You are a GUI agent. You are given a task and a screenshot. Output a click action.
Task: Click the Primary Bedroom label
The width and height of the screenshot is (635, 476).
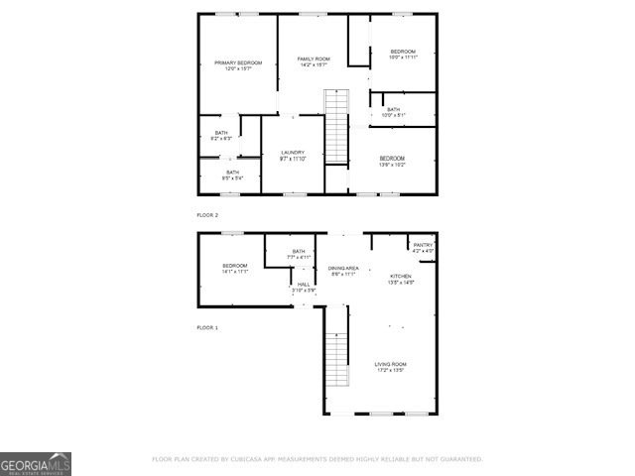click(237, 65)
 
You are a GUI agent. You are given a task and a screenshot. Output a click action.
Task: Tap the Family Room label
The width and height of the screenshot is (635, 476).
click(314, 62)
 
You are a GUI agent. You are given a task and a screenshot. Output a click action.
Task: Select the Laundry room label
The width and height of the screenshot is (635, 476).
click(292, 155)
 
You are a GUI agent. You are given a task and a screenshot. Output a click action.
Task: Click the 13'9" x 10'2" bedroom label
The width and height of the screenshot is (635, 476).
click(392, 161)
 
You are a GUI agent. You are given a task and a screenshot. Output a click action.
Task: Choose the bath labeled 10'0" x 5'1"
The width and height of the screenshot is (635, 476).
click(394, 112)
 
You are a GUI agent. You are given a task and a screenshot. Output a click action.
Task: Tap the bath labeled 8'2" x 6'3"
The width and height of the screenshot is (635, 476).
click(221, 136)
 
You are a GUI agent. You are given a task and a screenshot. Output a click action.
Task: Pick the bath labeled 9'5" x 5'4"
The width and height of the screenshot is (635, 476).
click(232, 175)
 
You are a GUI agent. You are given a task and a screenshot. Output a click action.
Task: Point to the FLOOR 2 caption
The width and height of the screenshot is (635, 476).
click(206, 214)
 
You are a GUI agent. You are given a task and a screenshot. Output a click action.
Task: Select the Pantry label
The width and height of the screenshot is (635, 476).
click(424, 248)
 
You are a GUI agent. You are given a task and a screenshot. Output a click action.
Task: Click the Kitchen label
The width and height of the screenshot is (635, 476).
click(400, 279)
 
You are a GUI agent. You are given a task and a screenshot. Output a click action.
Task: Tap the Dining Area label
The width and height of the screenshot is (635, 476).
click(342, 271)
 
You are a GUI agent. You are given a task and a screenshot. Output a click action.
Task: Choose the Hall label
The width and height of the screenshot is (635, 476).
click(303, 287)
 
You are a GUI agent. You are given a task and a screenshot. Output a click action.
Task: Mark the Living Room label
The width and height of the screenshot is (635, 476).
click(390, 367)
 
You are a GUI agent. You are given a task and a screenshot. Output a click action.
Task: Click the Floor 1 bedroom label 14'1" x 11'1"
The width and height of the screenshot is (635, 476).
click(235, 268)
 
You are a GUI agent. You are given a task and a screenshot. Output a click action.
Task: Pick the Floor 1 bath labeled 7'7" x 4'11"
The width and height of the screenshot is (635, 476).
click(299, 254)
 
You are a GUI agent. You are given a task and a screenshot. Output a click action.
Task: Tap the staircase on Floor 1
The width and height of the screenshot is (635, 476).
click(338, 360)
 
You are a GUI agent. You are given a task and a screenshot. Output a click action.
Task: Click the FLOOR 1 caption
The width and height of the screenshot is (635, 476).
click(206, 327)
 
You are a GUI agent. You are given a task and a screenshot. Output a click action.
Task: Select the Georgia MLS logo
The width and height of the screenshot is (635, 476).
click(36, 464)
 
